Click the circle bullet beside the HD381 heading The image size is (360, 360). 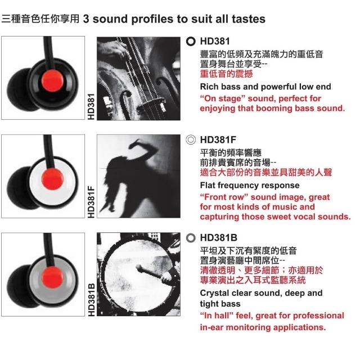coord(191,42)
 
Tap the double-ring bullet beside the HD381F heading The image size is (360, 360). coord(191,140)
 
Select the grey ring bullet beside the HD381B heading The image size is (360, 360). coord(191,238)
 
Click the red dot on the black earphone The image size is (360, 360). coord(52,80)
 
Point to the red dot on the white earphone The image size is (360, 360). coord(52,179)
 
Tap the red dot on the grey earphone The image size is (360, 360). coord(52,277)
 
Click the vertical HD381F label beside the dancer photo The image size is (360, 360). coord(91,202)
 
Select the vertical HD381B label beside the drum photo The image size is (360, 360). coord(91,300)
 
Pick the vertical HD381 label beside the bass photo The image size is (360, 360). coord(91,107)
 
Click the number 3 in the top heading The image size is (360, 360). coord(86,19)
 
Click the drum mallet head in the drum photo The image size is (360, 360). coord(138,268)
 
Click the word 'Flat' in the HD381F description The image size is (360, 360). coord(208,185)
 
